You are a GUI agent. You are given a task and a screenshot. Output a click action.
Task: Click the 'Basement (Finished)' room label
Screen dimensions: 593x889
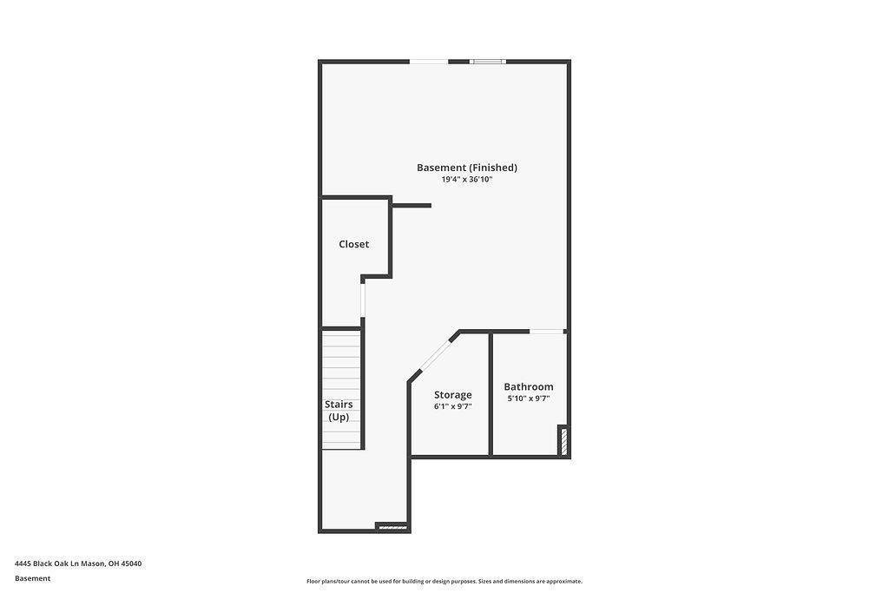(x=467, y=168)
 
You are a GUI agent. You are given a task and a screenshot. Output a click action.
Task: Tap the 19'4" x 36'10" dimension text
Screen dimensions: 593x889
(x=467, y=180)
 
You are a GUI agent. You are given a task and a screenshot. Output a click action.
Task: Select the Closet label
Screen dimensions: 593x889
(x=353, y=244)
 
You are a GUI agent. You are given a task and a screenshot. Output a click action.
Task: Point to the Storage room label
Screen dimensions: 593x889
(x=452, y=395)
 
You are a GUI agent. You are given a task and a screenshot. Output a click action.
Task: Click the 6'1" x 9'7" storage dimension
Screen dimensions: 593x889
(x=452, y=406)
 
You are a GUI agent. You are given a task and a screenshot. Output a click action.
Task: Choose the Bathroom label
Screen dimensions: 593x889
(x=529, y=386)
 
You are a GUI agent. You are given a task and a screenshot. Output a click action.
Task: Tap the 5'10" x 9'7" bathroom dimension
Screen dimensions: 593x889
(x=529, y=399)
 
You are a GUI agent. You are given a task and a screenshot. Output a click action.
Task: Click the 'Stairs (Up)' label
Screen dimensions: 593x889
(x=339, y=411)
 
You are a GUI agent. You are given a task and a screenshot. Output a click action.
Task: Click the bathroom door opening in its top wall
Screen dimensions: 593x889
(x=547, y=331)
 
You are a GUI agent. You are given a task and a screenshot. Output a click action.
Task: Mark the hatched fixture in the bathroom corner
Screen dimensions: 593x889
(x=563, y=441)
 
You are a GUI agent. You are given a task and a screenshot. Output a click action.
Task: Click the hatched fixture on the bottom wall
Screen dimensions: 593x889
(x=392, y=525)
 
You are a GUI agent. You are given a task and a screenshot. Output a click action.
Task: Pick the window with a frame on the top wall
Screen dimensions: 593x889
(x=487, y=62)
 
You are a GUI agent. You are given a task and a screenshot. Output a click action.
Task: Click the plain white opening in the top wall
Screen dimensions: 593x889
(x=429, y=62)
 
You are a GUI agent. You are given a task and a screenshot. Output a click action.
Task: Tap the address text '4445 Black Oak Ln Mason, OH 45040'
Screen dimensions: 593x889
(x=78, y=563)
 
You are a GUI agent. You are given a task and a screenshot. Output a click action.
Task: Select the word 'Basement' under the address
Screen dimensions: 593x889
(x=33, y=578)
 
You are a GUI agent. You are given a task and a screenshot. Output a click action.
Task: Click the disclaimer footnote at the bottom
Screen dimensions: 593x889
(x=444, y=582)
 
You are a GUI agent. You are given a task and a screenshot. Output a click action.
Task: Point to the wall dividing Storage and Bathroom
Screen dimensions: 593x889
(x=491, y=393)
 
